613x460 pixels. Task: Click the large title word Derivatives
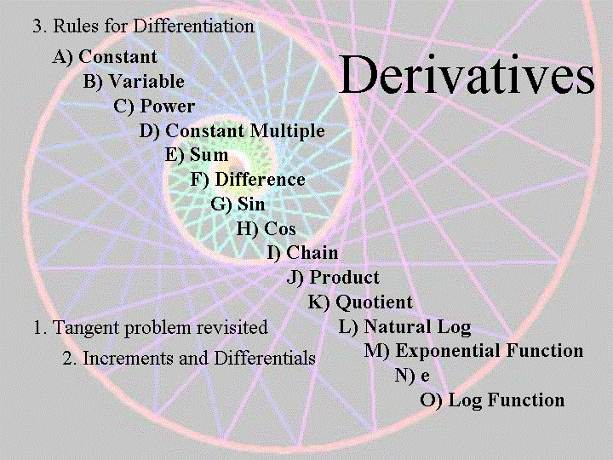coord(467,74)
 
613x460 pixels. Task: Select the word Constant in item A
coord(118,57)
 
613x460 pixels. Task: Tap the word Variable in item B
coord(146,82)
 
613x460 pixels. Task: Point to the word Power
coord(168,106)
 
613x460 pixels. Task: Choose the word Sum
coord(209,155)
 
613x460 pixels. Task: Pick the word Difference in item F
coord(260,180)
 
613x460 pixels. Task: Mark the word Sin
coord(251,204)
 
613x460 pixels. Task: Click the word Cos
coord(279,229)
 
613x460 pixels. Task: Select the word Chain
coord(312,253)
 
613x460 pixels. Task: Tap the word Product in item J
coord(344,278)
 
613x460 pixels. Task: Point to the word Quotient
coord(374,302)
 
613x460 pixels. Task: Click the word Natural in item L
coord(397,326)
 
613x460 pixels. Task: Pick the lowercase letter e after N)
coord(426,377)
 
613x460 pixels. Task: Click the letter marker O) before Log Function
coord(431,400)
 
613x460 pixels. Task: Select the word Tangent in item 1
coord(86,328)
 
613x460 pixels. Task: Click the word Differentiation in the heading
coord(194,26)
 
